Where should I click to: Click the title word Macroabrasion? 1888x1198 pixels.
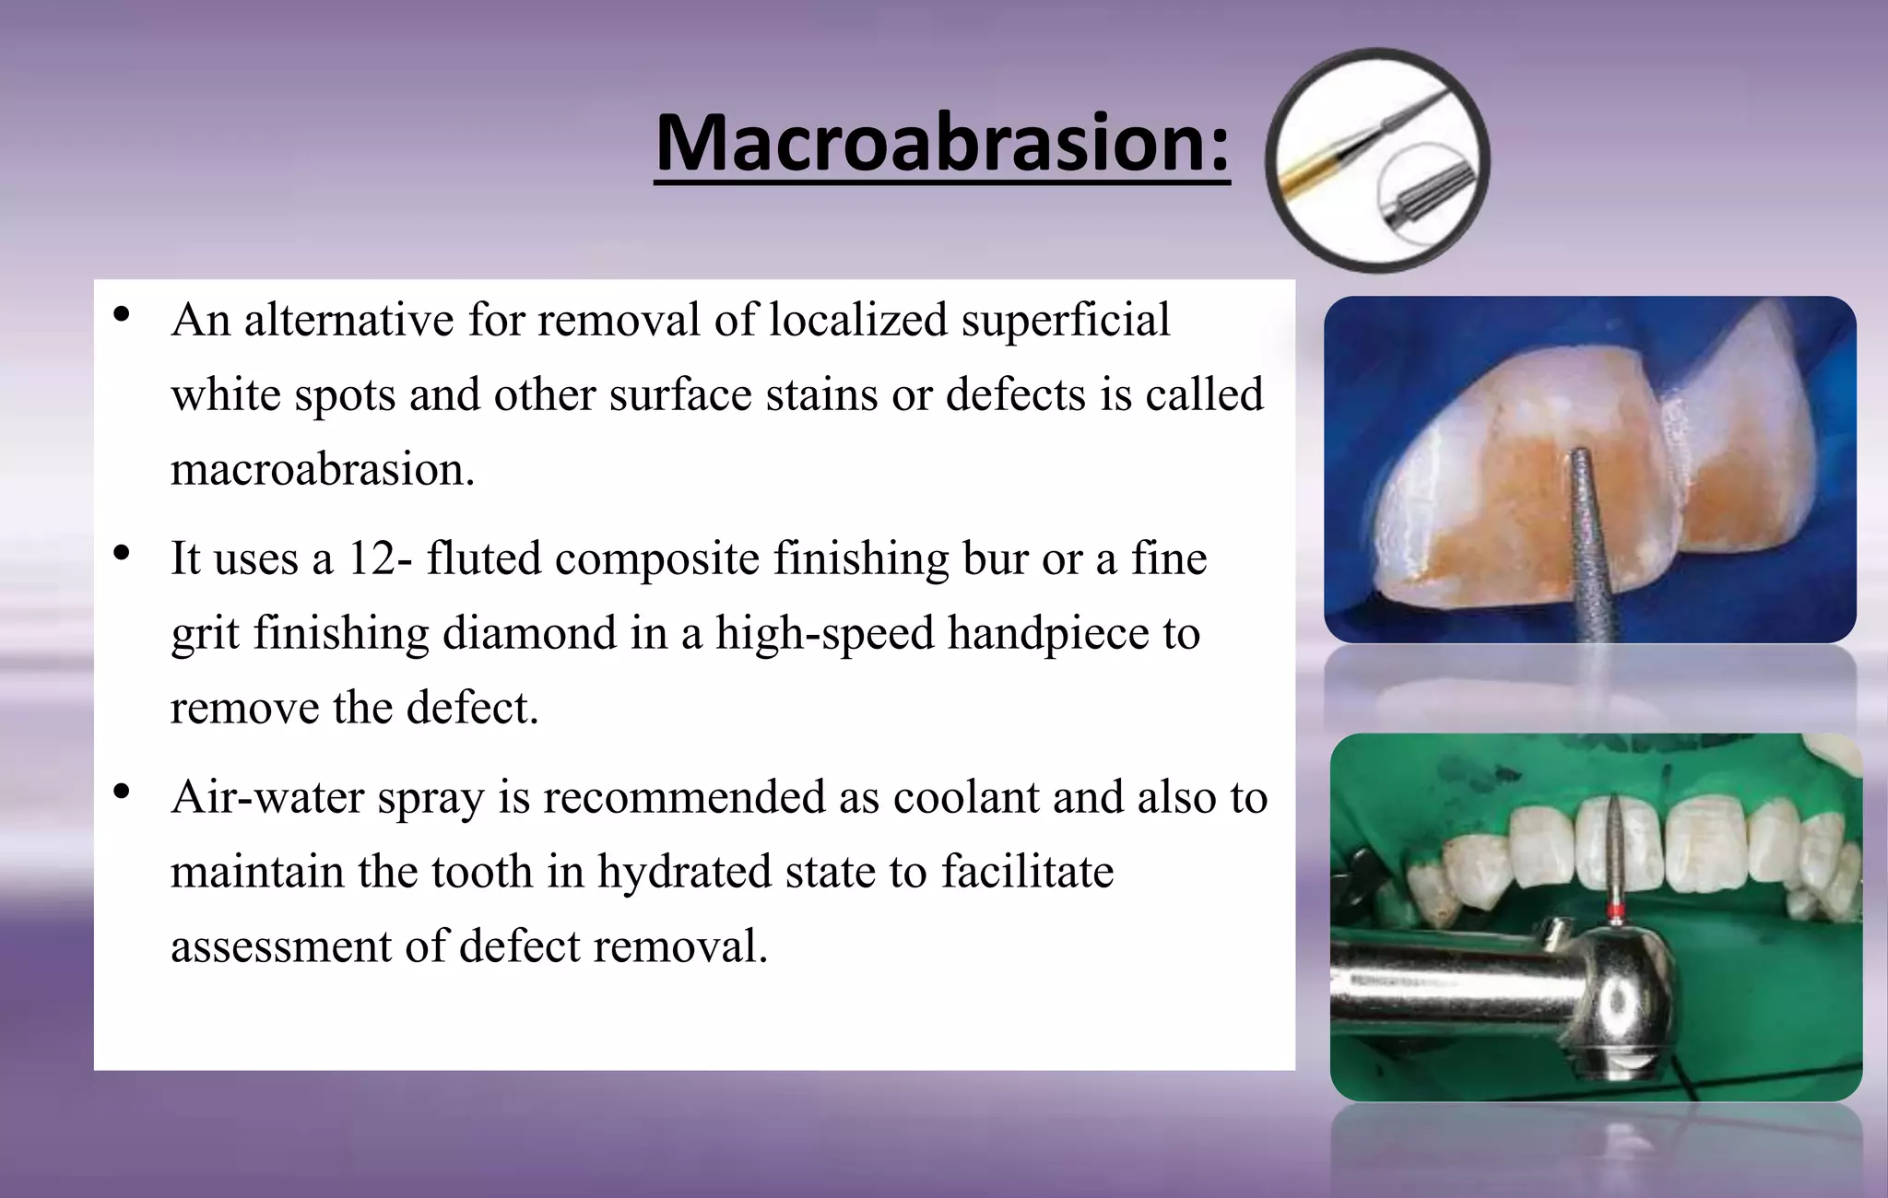click(941, 145)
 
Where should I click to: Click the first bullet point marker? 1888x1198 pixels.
click(121, 315)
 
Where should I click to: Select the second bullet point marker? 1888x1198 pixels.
click(121, 554)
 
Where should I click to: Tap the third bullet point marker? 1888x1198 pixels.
click(121, 792)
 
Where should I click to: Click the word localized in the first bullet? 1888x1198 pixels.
click(857, 321)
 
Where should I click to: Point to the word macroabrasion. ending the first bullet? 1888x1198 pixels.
click(323, 470)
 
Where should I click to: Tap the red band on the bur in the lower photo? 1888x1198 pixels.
click(1614, 914)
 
